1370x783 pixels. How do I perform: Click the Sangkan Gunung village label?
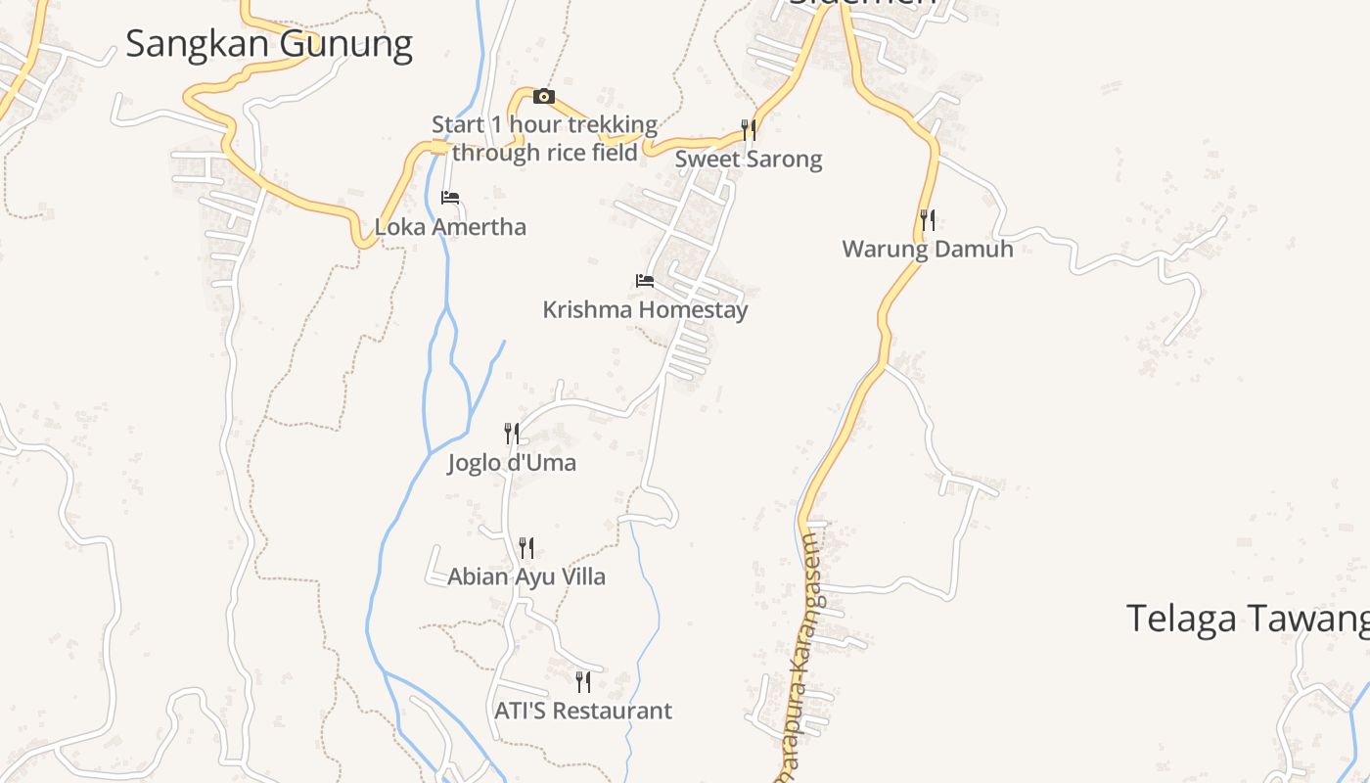(x=269, y=44)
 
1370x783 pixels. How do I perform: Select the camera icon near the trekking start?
(x=544, y=96)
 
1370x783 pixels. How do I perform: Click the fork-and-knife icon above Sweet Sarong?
(x=749, y=130)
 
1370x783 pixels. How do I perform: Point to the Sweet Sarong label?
(x=749, y=159)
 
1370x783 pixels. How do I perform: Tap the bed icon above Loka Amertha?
(x=450, y=198)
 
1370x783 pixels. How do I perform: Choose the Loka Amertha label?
(x=450, y=227)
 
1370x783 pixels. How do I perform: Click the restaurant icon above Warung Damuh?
(x=928, y=220)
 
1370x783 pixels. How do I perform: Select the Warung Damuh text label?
(x=928, y=249)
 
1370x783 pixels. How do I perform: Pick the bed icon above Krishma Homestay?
(x=645, y=281)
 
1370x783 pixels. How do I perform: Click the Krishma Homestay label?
(x=645, y=310)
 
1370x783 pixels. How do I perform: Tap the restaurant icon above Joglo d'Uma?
(x=512, y=434)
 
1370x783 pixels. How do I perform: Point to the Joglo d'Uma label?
(x=512, y=462)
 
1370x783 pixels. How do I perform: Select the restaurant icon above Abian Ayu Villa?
(x=526, y=548)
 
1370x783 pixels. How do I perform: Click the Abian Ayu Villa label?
(x=526, y=576)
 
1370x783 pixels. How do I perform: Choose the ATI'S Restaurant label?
(x=583, y=711)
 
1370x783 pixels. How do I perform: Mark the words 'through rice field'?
(x=545, y=153)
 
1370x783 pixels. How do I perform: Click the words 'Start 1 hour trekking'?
(x=545, y=125)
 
